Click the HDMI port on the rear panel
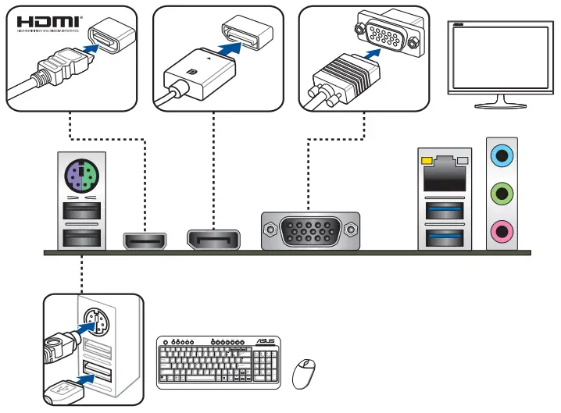point(145,240)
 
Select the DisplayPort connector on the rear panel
point(213,239)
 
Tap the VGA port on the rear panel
point(311,233)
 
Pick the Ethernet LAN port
point(444,174)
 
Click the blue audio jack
point(500,156)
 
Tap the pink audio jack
point(500,230)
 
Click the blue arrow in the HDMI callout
point(90,48)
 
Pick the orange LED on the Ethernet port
point(427,162)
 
